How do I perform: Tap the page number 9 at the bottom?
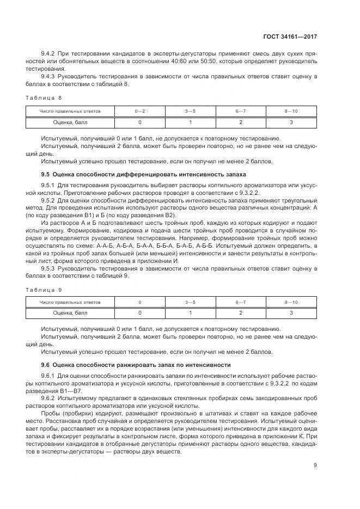(x=315, y=465)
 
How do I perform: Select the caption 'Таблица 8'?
(x=44, y=97)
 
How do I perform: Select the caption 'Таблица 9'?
(x=44, y=290)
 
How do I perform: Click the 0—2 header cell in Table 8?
(x=140, y=111)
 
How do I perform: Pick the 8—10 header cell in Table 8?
(x=291, y=111)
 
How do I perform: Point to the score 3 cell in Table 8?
(x=291, y=122)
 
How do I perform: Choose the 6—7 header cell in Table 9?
(x=240, y=302)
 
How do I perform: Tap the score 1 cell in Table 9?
(x=190, y=313)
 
